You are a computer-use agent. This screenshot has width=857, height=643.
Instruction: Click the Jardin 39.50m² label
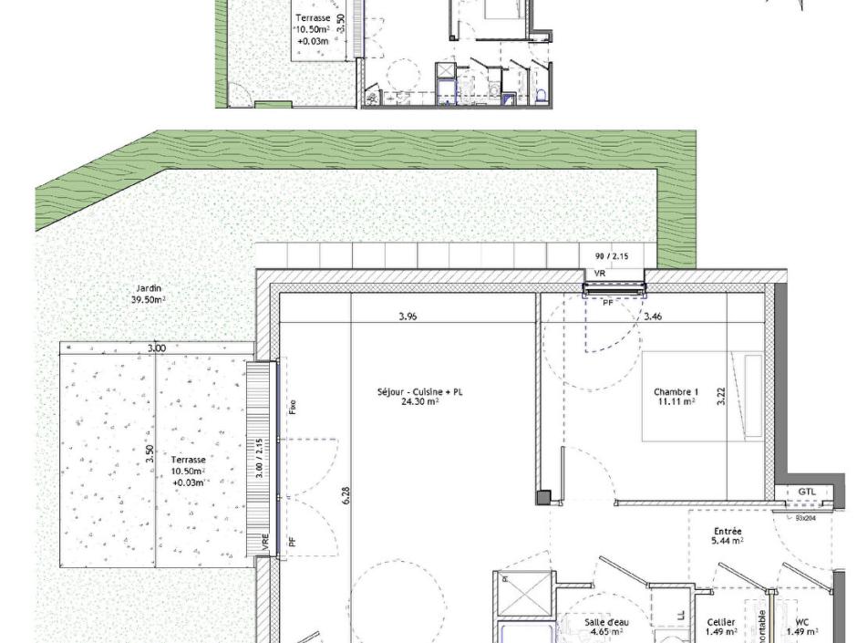click(x=150, y=293)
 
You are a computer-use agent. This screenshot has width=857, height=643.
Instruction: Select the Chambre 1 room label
click(x=676, y=396)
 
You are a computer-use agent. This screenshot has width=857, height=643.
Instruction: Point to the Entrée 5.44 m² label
click(x=727, y=535)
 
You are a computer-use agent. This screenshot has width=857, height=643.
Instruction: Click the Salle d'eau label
click(x=606, y=626)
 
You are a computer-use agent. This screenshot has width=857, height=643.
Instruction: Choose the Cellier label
click(x=721, y=626)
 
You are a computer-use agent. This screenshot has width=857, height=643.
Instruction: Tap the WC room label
click(x=801, y=626)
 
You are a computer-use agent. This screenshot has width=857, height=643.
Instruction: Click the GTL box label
click(x=807, y=492)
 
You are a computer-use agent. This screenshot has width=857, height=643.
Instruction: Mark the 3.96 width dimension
click(x=408, y=317)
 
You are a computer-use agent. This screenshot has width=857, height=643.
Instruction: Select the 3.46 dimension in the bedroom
click(x=653, y=317)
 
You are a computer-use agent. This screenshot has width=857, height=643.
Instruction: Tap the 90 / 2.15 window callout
click(x=611, y=256)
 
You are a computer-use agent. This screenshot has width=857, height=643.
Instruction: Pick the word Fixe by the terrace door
click(x=292, y=407)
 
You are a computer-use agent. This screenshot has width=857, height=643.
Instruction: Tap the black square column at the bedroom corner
click(x=543, y=497)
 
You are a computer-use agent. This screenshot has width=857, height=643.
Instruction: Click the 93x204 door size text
click(x=803, y=517)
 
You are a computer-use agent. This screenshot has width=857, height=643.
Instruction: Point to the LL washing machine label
click(x=682, y=616)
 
